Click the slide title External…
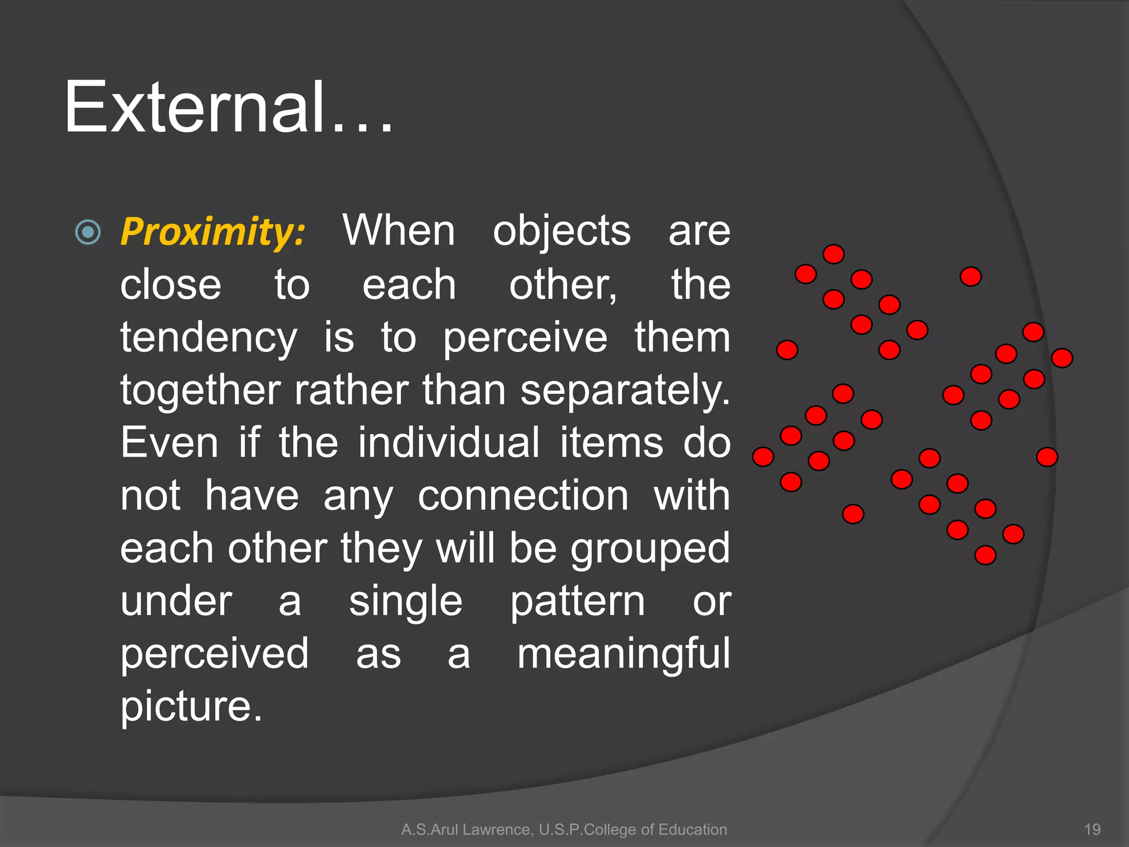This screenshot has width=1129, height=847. (x=228, y=108)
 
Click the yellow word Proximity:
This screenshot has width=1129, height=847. (x=213, y=232)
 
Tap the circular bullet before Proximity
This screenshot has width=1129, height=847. (x=88, y=232)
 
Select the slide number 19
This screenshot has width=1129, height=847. (x=1092, y=829)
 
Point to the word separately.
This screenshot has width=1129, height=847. (x=625, y=390)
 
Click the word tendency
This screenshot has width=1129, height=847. (x=208, y=338)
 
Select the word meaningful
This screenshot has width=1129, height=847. (x=623, y=654)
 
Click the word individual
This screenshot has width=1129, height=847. (x=449, y=443)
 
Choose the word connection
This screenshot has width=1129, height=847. (x=523, y=496)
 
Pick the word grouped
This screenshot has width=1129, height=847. (x=650, y=549)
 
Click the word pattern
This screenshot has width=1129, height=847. (x=577, y=602)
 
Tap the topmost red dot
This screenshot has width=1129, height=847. (x=834, y=254)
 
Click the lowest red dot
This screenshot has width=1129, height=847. (x=985, y=555)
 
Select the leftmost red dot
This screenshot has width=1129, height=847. (x=763, y=457)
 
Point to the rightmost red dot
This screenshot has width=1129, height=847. (x=1062, y=358)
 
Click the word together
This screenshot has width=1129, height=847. (x=200, y=390)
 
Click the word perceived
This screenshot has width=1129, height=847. (x=214, y=654)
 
